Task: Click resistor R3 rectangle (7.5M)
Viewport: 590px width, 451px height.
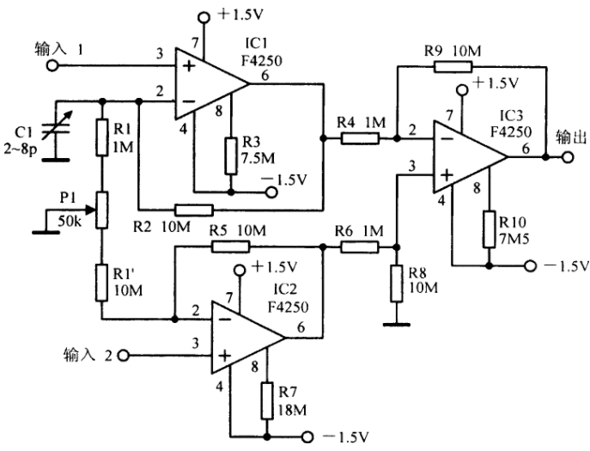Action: [x=231, y=155]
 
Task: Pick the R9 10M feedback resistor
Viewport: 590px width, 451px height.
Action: [x=453, y=67]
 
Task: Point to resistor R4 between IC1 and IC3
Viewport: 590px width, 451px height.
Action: [x=360, y=138]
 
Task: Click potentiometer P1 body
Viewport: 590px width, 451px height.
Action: [x=101, y=210]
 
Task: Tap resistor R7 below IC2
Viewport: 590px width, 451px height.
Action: [x=267, y=401]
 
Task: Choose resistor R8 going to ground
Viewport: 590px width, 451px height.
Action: [x=396, y=283]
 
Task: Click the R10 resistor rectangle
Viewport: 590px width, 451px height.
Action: [x=489, y=229]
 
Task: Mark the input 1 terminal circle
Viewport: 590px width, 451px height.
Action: [x=52, y=66]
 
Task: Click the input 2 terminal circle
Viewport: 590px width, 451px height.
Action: [x=124, y=356]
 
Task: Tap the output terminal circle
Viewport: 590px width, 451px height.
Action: [x=568, y=156]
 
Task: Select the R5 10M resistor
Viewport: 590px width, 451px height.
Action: [x=231, y=247]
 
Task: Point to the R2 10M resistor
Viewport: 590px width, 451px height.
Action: [x=194, y=210]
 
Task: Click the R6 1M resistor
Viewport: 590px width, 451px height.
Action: [x=359, y=247]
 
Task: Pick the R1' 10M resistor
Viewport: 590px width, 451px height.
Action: [x=101, y=283]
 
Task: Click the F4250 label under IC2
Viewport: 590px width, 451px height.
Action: [x=288, y=307]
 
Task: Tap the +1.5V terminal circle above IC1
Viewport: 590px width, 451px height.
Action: [x=204, y=16]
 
